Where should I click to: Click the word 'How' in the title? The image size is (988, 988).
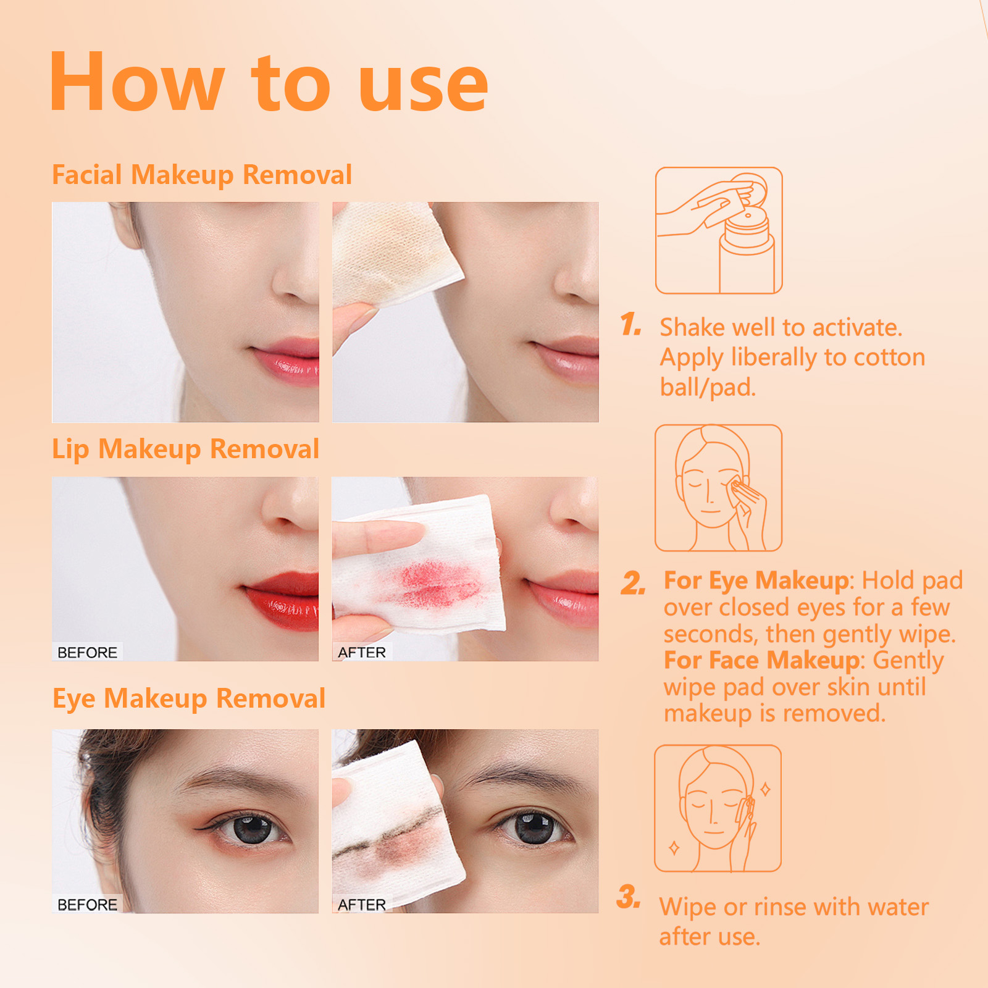(137, 83)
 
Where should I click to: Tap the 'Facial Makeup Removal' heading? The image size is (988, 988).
(201, 175)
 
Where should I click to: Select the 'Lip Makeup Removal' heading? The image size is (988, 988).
(185, 449)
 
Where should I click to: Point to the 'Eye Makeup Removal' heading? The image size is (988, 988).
(188, 698)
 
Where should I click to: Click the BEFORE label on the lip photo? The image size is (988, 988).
(87, 652)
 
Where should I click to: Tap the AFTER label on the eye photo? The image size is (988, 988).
(361, 905)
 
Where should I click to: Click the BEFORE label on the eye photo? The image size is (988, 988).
(87, 905)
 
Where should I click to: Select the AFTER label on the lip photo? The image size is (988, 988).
(361, 652)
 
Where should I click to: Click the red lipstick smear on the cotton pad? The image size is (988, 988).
(432, 584)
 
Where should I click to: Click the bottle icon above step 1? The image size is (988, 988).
(719, 230)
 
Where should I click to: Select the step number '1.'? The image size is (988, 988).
(630, 325)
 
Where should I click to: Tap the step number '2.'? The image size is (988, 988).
(633, 583)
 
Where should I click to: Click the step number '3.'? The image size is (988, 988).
(629, 897)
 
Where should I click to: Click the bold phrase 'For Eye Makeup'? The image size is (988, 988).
(756, 580)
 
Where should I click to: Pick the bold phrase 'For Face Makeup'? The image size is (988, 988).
(761, 660)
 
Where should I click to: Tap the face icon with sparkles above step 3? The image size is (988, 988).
(718, 808)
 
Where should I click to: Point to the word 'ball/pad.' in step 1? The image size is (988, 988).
(708, 388)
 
